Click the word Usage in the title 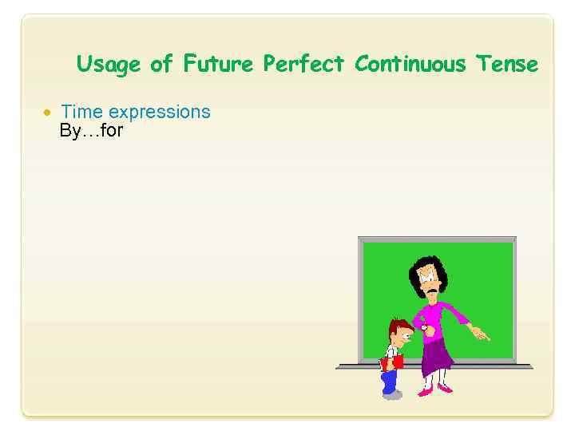109,64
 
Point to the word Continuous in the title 410,63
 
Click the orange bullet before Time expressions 47,113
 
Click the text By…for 91,130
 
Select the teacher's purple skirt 436,355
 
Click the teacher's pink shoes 434,390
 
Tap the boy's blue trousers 390,380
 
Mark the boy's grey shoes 391,393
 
